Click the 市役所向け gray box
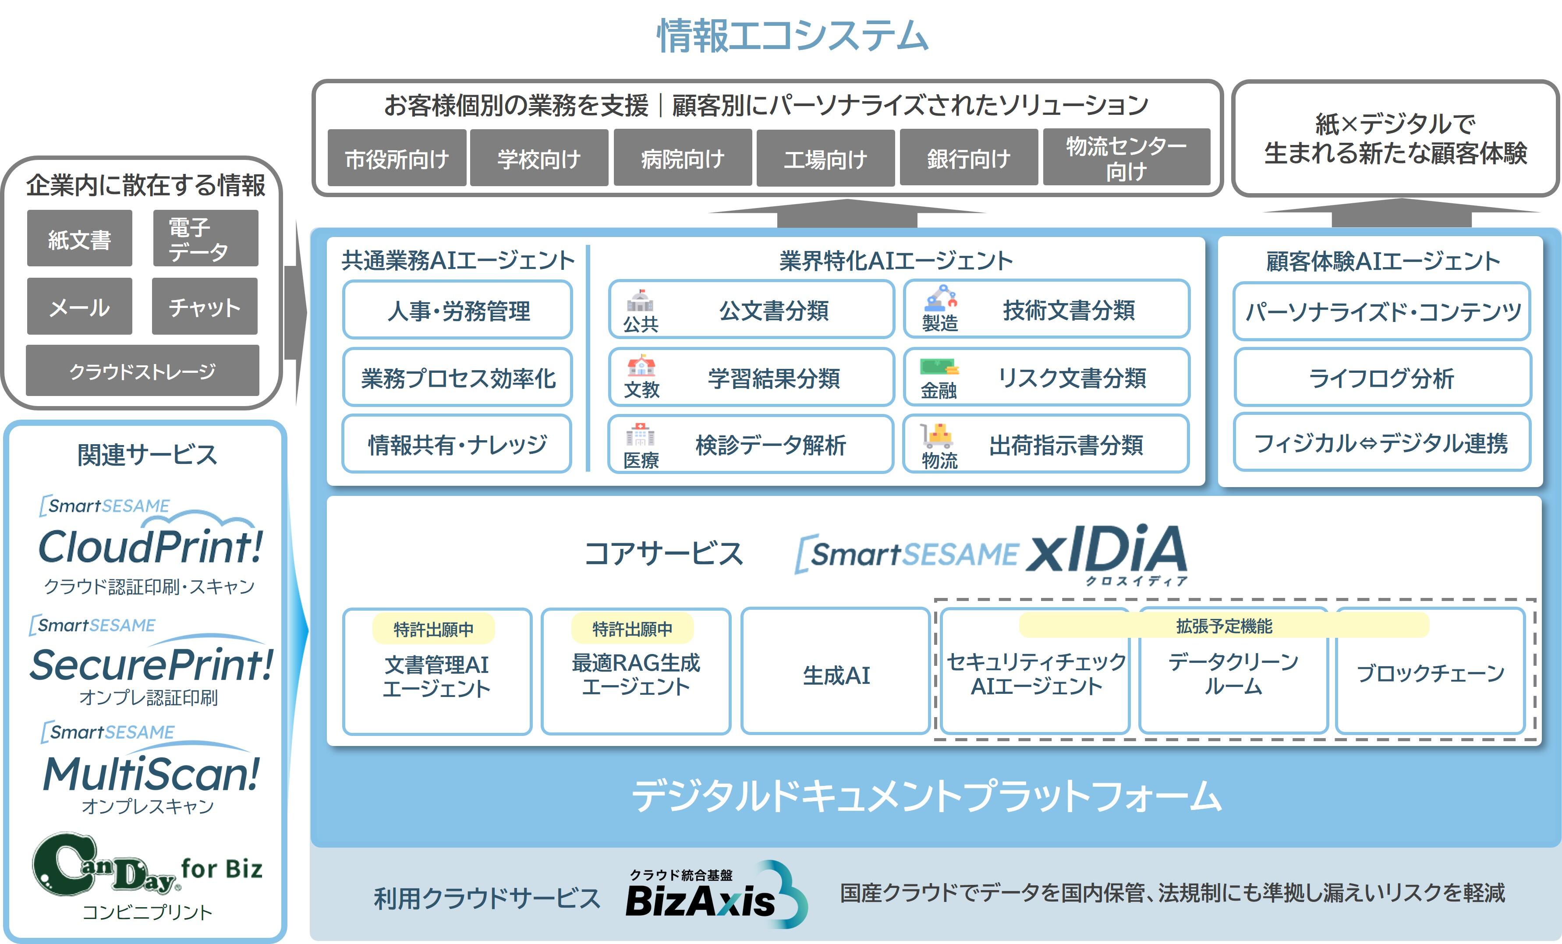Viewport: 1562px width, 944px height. point(397,158)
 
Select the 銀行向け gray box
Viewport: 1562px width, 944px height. point(968,158)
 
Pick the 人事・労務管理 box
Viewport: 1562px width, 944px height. point(458,310)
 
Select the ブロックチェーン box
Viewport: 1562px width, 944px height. point(1430,672)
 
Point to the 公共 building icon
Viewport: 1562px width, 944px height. point(640,301)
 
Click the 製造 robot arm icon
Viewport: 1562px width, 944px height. point(940,298)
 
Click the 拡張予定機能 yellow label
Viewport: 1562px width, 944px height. point(1223,626)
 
